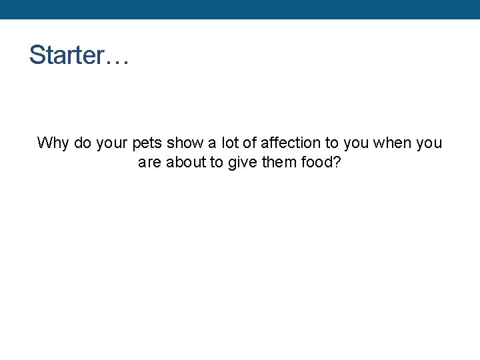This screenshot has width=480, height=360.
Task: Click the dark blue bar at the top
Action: coord(240,9)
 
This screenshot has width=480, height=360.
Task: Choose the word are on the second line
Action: coord(150,162)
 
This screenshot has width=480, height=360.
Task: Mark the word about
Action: coord(186,162)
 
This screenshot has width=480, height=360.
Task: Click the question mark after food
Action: coord(337,162)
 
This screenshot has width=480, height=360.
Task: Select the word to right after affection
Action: coord(331,143)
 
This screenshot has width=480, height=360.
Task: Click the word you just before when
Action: coord(356,143)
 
